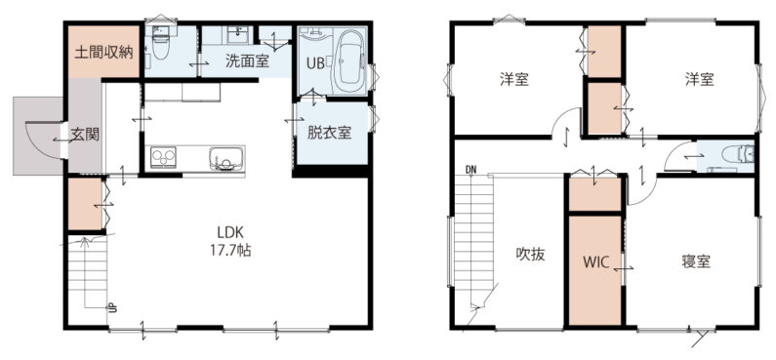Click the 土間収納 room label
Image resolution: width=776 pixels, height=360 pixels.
point(103,53)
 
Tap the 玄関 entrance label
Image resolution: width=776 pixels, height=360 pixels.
point(85,135)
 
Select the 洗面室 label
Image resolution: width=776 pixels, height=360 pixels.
point(247,60)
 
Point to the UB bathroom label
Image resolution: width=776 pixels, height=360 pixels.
point(314,63)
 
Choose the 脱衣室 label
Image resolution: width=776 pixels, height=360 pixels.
point(330,133)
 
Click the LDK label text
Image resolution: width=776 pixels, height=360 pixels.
point(228,232)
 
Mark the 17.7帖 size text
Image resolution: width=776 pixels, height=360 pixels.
point(228,251)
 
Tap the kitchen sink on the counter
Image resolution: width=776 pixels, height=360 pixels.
point(226,158)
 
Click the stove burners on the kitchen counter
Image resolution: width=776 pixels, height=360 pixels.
point(163,157)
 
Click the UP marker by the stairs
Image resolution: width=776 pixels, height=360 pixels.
point(112,308)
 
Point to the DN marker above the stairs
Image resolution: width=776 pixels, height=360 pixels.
point(470,170)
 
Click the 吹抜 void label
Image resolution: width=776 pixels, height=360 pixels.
point(531,255)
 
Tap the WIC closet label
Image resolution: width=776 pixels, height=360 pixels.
point(595,262)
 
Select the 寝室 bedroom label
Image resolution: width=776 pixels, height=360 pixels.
point(696,261)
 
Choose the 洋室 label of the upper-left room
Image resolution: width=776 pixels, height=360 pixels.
point(513,79)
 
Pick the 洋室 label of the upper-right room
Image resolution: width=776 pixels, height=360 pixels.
point(700,79)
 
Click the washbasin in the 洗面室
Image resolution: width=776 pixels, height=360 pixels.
point(240,34)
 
